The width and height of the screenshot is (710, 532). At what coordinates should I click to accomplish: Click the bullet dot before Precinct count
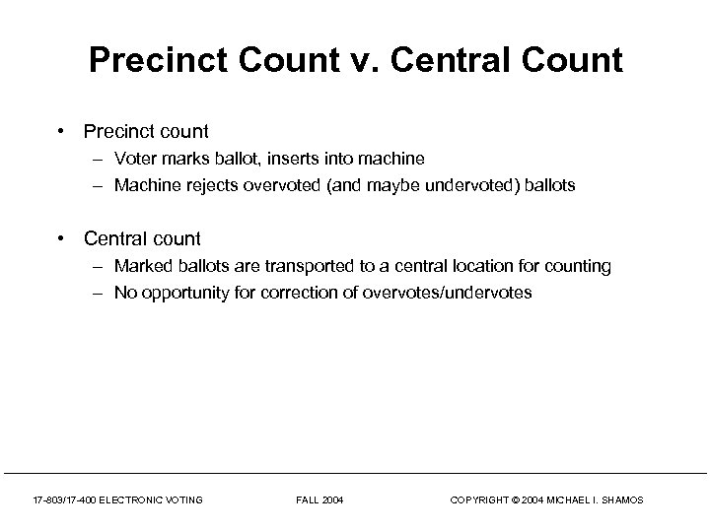coord(62,131)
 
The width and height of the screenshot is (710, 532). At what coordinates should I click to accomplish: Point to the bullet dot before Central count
coord(62,238)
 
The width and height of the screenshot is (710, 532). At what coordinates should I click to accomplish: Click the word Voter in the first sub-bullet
coord(134,158)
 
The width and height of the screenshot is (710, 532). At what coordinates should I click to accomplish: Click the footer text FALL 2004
coord(319,500)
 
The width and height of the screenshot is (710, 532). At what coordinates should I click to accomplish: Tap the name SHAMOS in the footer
coord(620,500)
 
